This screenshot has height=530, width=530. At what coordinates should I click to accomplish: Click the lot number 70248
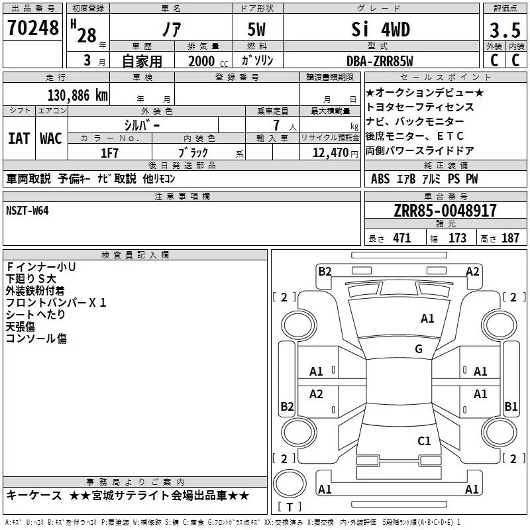click(x=32, y=28)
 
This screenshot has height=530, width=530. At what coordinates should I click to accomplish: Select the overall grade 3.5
click(x=505, y=30)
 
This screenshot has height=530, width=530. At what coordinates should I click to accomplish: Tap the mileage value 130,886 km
click(x=78, y=95)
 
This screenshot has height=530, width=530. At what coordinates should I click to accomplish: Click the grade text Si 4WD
click(x=380, y=29)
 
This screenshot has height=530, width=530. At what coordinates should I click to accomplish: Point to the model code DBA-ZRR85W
click(x=380, y=61)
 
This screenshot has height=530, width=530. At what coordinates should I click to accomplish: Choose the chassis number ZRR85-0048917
click(x=445, y=211)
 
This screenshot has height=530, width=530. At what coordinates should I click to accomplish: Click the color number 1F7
click(x=109, y=153)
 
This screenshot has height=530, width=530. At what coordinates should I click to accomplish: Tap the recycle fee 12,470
click(x=331, y=153)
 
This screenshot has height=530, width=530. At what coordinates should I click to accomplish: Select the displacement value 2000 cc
click(x=208, y=61)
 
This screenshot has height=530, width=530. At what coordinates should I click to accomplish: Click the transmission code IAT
click(x=19, y=138)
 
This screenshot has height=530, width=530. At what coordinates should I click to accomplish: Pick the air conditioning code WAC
click(x=51, y=138)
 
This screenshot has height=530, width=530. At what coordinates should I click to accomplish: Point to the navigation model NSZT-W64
click(x=27, y=211)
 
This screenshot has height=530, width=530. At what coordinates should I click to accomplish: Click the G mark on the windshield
click(x=419, y=348)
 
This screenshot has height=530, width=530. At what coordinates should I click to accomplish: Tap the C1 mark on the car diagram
click(x=424, y=441)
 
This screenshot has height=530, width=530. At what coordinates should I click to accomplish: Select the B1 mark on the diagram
click(x=511, y=406)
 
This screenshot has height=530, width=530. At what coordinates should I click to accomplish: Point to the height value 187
click(x=510, y=238)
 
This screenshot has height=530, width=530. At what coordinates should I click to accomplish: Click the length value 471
click(x=402, y=238)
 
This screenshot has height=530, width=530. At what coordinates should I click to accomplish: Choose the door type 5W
click(x=256, y=30)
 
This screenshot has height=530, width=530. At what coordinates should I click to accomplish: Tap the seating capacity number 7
click(x=277, y=125)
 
